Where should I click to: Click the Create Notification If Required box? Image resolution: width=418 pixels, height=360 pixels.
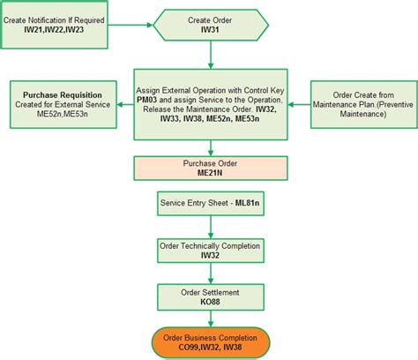(54, 24)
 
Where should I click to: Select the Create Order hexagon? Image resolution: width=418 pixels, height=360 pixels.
(211, 24)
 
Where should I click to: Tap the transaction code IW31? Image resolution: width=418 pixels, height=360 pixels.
(211, 29)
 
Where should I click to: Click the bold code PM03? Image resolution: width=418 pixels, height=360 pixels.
(148, 100)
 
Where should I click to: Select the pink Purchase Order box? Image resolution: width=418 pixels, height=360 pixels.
(211, 169)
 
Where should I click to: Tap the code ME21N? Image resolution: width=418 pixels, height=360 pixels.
(211, 175)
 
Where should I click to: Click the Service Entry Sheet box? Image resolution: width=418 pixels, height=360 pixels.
(211, 206)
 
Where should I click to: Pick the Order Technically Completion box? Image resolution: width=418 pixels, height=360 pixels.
(211, 250)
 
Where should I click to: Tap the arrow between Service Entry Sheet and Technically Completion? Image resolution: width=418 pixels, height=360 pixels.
(211, 228)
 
